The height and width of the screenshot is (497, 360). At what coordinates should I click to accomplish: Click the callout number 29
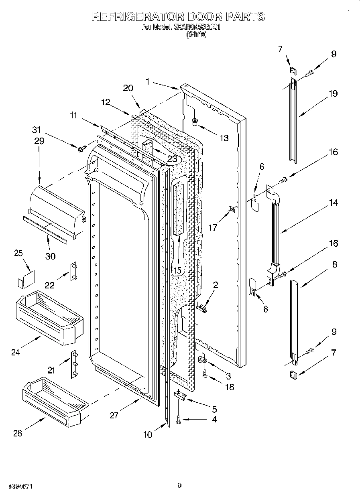point(39,141)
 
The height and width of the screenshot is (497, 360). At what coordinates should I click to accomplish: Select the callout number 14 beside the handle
point(334,203)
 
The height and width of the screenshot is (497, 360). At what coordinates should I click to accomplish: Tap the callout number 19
point(333,94)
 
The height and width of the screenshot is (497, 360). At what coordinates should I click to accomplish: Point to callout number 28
point(17,433)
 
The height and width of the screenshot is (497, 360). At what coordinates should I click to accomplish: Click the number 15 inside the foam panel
point(177,270)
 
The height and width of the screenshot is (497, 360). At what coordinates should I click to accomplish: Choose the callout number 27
point(114,415)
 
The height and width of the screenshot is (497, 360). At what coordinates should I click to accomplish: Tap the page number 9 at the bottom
point(180,486)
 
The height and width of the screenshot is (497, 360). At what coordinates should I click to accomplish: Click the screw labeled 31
point(80,149)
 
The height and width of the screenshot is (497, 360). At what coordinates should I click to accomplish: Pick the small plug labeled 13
point(195,121)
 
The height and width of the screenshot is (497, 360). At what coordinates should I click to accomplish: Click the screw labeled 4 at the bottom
point(178,420)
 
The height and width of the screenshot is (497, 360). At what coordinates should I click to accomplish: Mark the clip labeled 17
point(232,209)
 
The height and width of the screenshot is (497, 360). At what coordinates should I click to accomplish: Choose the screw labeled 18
point(205,375)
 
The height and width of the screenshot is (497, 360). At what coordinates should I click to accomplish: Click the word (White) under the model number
point(197,34)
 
